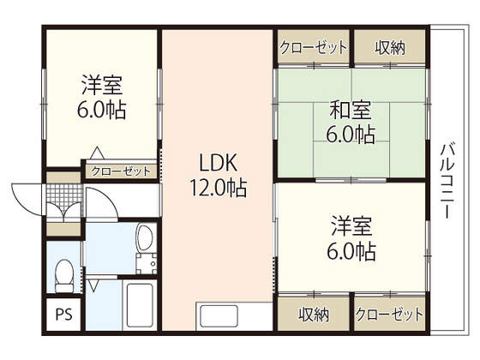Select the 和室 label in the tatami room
click(x=351, y=111)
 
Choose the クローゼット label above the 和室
click(x=313, y=46)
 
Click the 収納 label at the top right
click(x=389, y=46)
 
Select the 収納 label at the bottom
click(x=314, y=313)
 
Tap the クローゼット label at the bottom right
click(x=389, y=313)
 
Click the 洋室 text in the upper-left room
click(x=102, y=86)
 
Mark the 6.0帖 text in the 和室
click(x=351, y=135)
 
